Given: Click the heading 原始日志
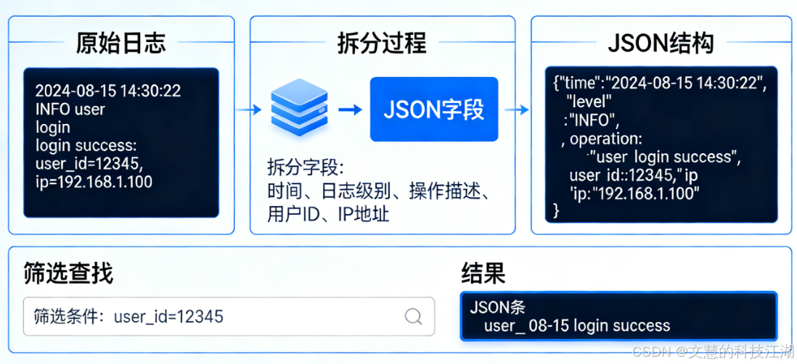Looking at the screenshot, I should (x=120, y=43).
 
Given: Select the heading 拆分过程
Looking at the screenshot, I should (x=382, y=43).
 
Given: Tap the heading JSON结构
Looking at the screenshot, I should (x=660, y=43).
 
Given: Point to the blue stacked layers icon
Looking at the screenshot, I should (x=300, y=109).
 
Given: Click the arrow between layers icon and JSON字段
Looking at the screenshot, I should (x=350, y=109).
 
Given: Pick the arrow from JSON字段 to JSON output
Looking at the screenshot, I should (x=517, y=109).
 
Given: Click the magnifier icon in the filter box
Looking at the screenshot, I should (x=413, y=316).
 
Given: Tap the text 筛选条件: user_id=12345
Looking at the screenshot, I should (x=128, y=316).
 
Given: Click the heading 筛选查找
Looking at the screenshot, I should (x=68, y=273).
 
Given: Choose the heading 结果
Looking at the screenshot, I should (x=483, y=273).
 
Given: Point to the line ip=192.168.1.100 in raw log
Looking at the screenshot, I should (x=94, y=182).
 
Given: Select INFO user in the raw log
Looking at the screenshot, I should (x=70, y=109).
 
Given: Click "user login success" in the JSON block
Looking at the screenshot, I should (x=666, y=157).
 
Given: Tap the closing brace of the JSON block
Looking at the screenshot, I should (x=557, y=211).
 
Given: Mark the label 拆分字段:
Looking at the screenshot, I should (x=304, y=167).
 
